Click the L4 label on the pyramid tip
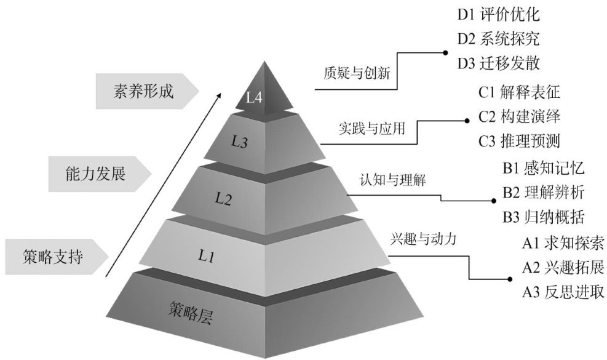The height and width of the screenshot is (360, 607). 255,97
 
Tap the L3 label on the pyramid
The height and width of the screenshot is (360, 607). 239,142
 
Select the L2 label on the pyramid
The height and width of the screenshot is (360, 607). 223,199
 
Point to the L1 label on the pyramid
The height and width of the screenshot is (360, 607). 207,256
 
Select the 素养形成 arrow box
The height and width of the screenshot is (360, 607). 147,92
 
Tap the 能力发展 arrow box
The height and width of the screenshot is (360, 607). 100,174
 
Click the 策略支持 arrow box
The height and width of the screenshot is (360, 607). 57,257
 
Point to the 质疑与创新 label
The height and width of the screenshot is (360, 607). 357,73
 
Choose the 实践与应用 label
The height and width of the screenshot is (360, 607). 372,128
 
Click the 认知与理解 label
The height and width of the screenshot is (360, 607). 393,180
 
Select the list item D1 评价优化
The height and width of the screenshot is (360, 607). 499,15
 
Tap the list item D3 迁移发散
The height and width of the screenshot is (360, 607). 499,63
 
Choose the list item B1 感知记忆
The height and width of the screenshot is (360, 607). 544,169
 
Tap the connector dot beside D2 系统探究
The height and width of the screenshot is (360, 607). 446,52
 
